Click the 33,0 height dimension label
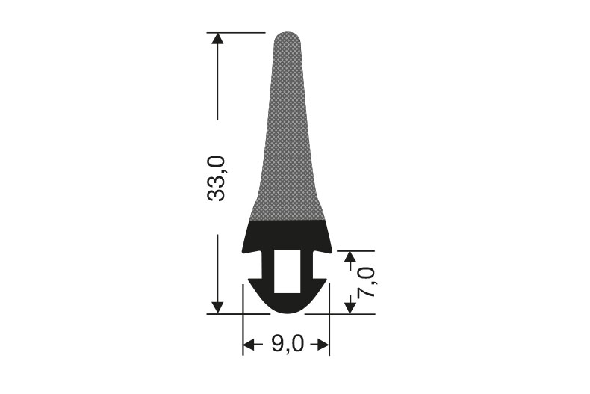[217, 178]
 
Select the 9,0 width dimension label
[287, 344]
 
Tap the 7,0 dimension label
[366, 282]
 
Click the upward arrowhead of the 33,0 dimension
[217, 39]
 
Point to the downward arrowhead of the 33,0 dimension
[217, 307]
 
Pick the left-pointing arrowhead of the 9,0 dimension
[249, 345]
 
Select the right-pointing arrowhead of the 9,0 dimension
[323, 345]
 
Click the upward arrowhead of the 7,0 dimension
[350, 257]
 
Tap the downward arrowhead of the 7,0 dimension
[350, 307]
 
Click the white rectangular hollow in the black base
[287, 271]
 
